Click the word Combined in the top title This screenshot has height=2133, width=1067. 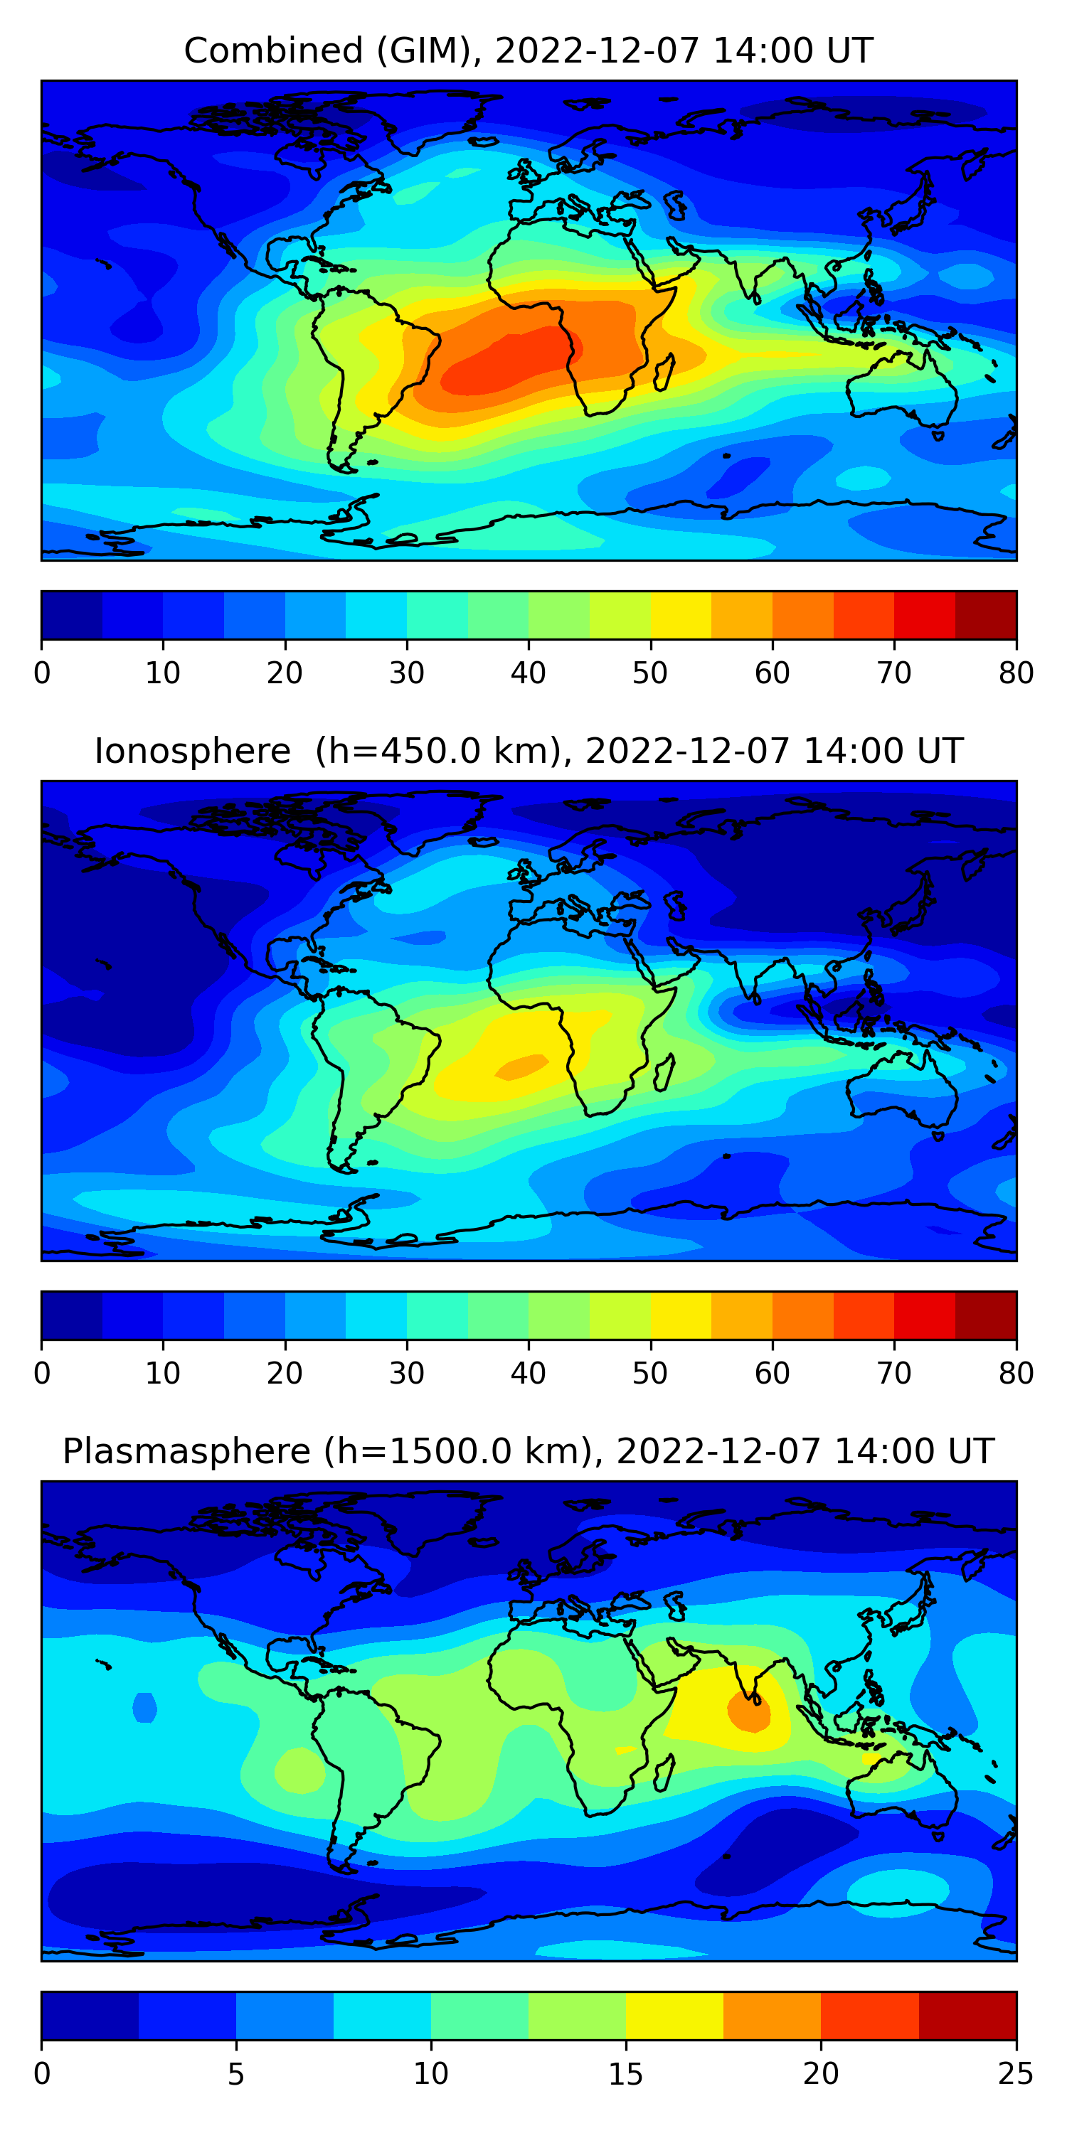tap(272, 51)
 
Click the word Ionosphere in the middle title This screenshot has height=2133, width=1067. tap(192, 752)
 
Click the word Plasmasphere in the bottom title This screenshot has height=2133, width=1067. tap(186, 1452)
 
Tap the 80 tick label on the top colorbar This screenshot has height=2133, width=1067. tap(1016, 673)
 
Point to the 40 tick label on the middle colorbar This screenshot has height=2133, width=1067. tap(528, 1374)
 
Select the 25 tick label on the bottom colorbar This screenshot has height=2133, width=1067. tap(1016, 2074)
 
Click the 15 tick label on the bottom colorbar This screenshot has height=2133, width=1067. tap(625, 2074)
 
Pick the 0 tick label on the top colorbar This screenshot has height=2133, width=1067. tap(42, 673)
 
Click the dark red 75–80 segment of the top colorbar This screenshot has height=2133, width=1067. tap(986, 615)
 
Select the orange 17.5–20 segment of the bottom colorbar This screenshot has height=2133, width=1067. tap(772, 2016)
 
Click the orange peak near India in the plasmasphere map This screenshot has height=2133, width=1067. tap(749, 1712)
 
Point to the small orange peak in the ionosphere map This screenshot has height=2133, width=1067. tap(522, 1066)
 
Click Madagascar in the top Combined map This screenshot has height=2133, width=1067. tap(664, 373)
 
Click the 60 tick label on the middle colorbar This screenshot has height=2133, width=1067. tap(771, 1374)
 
